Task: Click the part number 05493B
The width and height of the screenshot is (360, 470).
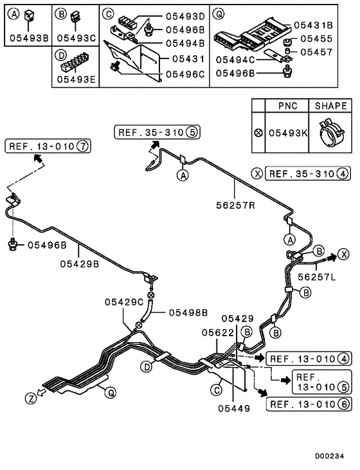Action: coord(29,38)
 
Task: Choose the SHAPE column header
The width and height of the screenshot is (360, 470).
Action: coord(331,105)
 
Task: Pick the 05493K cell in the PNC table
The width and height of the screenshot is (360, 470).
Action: coord(287,133)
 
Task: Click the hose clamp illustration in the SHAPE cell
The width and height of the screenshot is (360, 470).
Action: coord(330,133)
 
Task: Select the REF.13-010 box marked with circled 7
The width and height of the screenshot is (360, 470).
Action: coord(48,147)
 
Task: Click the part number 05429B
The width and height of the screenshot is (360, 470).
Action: coord(80,262)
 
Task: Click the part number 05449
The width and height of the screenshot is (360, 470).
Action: coord(233,407)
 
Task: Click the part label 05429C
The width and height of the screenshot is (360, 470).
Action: coord(125,302)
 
